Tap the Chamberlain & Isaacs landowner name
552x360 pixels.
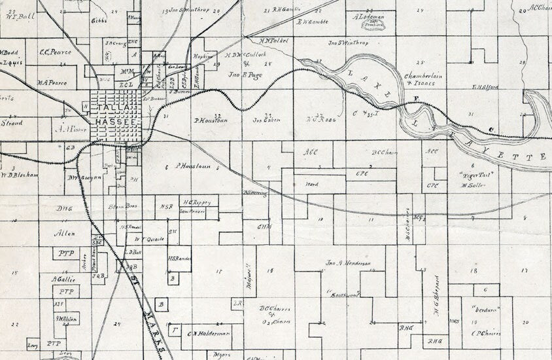click(x=423, y=79)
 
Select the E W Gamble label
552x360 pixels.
click(x=311, y=20)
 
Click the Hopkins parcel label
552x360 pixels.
click(x=204, y=57)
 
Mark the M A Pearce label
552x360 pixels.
click(x=52, y=83)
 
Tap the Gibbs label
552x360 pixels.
click(x=99, y=20)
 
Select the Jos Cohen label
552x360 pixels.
click(x=266, y=120)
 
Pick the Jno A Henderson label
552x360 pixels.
click(x=348, y=263)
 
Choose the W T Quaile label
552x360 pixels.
click(x=148, y=239)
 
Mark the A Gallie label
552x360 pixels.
click(x=64, y=279)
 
